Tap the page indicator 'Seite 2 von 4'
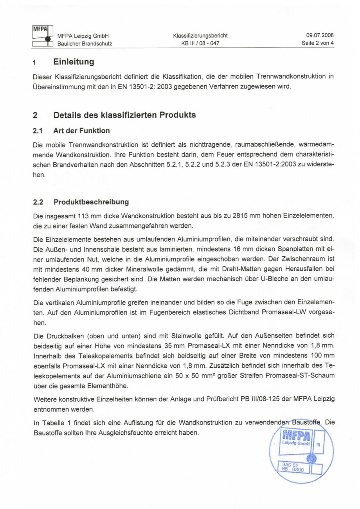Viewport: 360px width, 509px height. click(x=317, y=43)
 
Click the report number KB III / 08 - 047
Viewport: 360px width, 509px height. click(x=200, y=43)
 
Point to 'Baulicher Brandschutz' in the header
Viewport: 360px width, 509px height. click(x=85, y=43)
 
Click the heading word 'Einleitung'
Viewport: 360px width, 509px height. click(x=74, y=62)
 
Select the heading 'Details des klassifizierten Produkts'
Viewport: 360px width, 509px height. click(x=124, y=115)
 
